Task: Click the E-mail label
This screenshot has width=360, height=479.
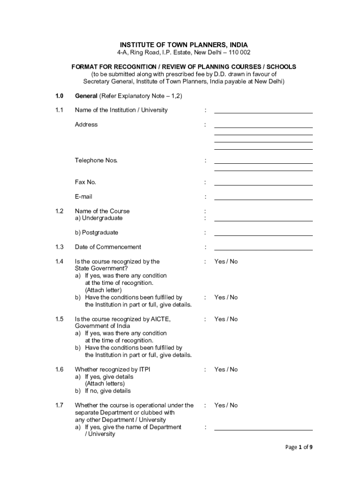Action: (84, 196)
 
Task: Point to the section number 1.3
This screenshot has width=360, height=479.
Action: (58, 247)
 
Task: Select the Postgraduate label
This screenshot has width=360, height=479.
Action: (96, 232)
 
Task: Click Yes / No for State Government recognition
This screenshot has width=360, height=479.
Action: (226, 261)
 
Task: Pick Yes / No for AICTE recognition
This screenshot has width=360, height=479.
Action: (226, 319)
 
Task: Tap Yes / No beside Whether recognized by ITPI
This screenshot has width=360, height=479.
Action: (226, 370)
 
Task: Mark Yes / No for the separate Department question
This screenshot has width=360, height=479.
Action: (226, 405)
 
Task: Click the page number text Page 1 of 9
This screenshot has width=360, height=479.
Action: (299, 447)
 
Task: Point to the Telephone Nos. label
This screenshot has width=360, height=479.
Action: (96, 160)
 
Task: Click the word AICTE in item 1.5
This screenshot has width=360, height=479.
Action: (158, 319)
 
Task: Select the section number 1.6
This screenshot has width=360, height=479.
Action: (58, 370)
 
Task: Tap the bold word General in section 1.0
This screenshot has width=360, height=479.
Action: (86, 96)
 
